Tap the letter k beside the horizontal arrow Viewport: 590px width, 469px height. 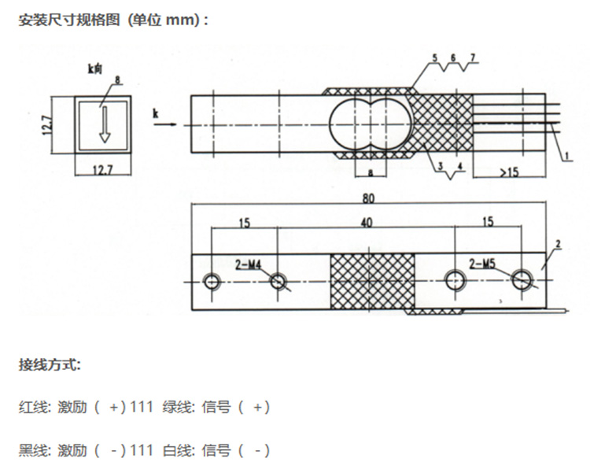156,115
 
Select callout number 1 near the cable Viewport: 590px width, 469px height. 566,157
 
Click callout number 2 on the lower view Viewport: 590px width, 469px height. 556,246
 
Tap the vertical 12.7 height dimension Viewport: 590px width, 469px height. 46,124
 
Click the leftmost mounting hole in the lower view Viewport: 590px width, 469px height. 212,282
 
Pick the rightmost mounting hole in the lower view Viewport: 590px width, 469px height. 522,279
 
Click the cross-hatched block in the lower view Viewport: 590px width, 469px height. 370,281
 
